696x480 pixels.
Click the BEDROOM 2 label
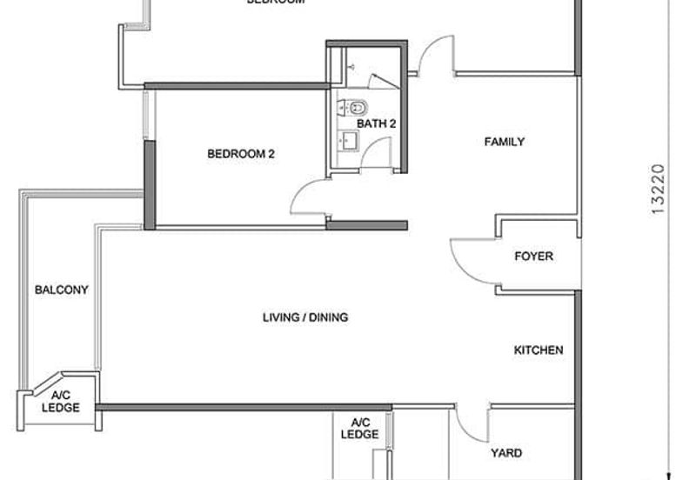click(x=241, y=155)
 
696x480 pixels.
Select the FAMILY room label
click(x=505, y=142)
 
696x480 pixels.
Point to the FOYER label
click(x=533, y=257)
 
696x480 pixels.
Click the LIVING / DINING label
click(x=305, y=317)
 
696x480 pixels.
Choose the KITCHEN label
click(x=539, y=350)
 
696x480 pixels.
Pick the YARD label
click(x=505, y=453)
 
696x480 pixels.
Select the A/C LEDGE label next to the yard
click(x=359, y=428)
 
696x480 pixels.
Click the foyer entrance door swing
click(x=465, y=258)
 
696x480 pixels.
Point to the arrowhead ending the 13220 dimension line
click(x=667, y=475)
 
